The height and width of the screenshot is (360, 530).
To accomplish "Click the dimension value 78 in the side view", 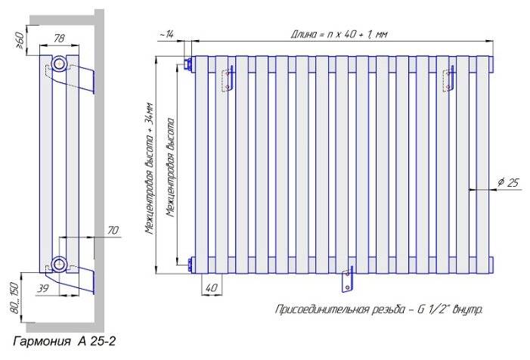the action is click(59, 39).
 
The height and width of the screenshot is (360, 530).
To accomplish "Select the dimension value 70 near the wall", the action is click(113, 231).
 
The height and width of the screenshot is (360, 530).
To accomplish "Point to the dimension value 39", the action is click(42, 288).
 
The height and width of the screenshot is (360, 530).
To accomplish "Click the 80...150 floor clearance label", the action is click(15, 297).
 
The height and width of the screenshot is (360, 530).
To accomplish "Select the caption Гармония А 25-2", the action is click(64, 341).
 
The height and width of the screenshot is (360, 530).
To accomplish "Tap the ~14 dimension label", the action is click(166, 35).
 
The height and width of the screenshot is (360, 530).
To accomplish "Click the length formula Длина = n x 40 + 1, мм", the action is click(339, 35).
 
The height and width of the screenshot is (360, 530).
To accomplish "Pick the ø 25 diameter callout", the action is click(508, 182).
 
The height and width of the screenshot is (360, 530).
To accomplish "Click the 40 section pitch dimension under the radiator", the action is click(212, 288).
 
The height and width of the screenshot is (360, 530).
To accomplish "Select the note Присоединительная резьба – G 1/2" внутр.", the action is click(379, 309).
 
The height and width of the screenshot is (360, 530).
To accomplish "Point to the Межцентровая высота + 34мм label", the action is click(150, 169).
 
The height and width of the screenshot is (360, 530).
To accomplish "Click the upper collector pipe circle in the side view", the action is click(60, 64).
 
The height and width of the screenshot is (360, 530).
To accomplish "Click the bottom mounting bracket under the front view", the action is click(348, 279).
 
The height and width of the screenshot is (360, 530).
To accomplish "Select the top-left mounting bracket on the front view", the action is click(228, 79).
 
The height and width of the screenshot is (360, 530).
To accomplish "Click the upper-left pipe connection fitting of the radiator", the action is click(188, 65).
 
